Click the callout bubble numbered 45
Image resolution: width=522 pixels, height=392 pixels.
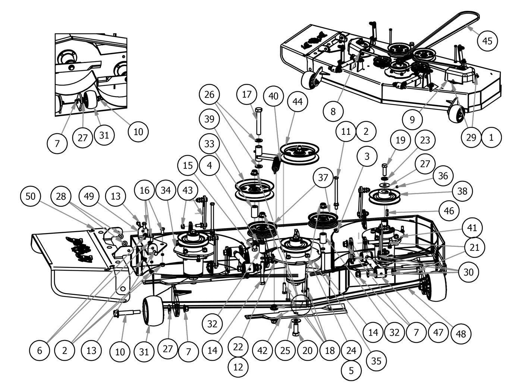[x=487, y=41]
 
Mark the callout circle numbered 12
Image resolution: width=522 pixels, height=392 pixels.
[x=238, y=367]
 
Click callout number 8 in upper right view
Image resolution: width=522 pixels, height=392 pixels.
[x=333, y=111]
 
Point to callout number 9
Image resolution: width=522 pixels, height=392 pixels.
[x=412, y=119]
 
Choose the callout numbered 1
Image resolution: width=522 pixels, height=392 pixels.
[x=491, y=137]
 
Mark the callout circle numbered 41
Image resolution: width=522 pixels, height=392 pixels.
[x=472, y=228]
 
